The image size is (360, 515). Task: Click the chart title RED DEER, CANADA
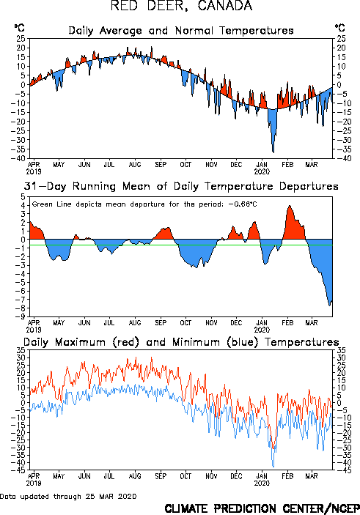(181, 6)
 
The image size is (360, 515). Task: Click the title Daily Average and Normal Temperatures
(181, 31)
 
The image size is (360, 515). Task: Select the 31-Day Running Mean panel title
(181, 187)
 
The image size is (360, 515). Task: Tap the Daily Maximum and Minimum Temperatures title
(181, 342)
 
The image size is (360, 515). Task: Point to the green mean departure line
(181, 245)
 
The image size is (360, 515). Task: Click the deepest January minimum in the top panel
(273, 152)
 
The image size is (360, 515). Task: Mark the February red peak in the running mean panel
(290, 207)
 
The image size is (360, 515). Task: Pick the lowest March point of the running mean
(329, 305)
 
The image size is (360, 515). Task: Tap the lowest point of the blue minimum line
(273, 467)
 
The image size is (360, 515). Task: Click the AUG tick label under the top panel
(135, 165)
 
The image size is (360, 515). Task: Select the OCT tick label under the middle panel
(185, 323)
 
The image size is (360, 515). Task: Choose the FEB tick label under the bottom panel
(287, 476)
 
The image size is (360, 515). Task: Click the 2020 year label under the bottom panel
(262, 483)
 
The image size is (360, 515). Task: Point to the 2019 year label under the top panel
(34, 171)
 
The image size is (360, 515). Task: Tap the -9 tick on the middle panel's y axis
(22, 316)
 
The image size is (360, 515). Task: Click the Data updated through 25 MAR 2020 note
(68, 496)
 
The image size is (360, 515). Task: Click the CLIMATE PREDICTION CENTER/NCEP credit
(262, 508)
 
